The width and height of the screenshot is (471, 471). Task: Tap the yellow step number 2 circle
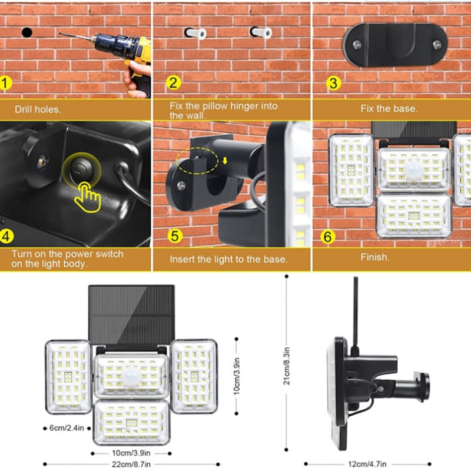pyautogui.click(x=173, y=82)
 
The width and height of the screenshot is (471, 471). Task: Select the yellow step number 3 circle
pyautogui.click(x=333, y=82)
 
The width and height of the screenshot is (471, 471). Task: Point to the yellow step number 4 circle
pyautogui.click(x=6, y=236)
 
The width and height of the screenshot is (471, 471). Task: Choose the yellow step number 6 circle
pyautogui.click(x=329, y=236)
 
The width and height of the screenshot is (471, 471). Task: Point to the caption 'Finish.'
pyautogui.click(x=375, y=257)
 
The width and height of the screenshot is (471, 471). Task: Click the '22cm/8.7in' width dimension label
pyautogui.click(x=130, y=465)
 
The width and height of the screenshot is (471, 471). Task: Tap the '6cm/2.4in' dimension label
pyautogui.click(x=66, y=428)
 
